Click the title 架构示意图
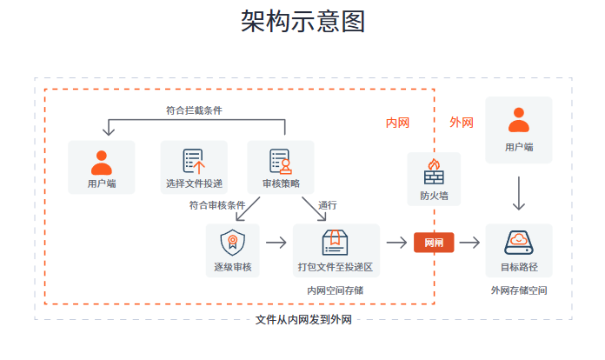tap(302, 22)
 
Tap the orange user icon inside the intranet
tap(102, 162)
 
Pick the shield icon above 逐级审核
tap(232, 241)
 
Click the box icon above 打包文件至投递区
tap(336, 241)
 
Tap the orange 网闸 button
tap(434, 243)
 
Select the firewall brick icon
tap(434, 171)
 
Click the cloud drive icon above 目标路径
tap(519, 241)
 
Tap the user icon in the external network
tap(519, 120)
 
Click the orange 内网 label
tap(397, 123)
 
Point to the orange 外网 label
tap(462, 123)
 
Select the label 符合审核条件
tap(217, 206)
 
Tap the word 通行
tap(328, 206)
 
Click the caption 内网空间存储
tap(335, 290)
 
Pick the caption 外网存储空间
tap(519, 290)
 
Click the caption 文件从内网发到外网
tap(303, 320)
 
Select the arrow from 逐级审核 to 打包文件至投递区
tap(276, 243)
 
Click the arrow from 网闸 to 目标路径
tap(470, 243)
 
